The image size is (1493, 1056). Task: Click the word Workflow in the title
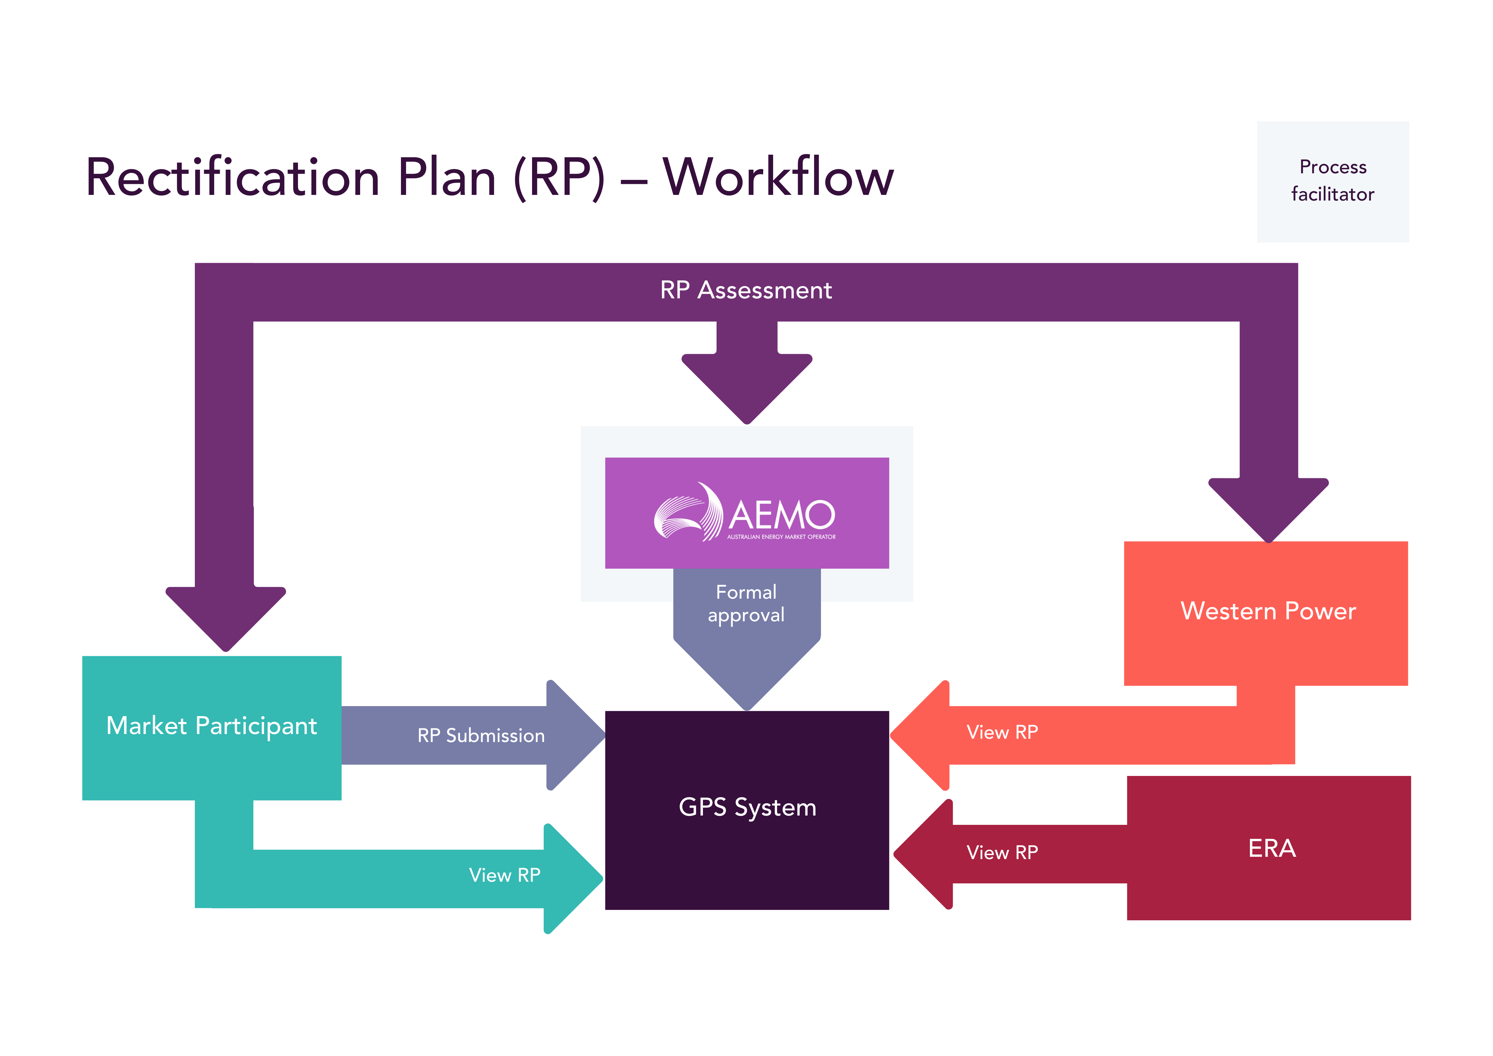pyautogui.click(x=778, y=178)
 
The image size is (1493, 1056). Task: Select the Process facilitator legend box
pyautogui.click(x=1332, y=181)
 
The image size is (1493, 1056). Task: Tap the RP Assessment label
pyautogui.click(x=746, y=290)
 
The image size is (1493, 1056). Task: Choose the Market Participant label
pyautogui.click(x=211, y=726)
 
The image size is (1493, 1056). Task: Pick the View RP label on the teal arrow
pyautogui.click(x=505, y=875)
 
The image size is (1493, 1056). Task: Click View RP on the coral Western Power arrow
pyautogui.click(x=1002, y=732)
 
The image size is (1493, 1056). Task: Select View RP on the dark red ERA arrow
pyautogui.click(x=1002, y=852)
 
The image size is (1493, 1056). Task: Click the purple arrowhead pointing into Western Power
pyautogui.click(x=1268, y=511)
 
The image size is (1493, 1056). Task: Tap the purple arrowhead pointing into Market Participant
pyautogui.click(x=226, y=618)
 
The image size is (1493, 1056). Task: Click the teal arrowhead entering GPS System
pyautogui.click(x=572, y=878)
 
